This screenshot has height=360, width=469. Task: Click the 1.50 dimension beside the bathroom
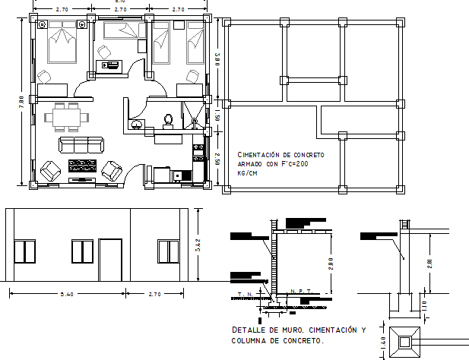click(x=217, y=117)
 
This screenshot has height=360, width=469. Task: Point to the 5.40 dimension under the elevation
click(x=68, y=294)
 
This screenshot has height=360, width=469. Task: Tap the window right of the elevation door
click(x=168, y=251)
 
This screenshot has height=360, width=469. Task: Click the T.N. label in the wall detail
click(x=245, y=292)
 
